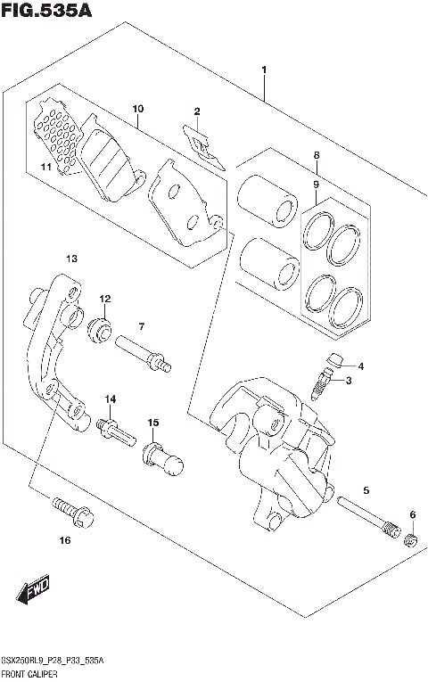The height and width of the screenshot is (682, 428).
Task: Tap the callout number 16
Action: tap(64, 540)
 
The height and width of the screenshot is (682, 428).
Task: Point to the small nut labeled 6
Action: tap(410, 541)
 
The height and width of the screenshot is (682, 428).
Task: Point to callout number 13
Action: tap(71, 259)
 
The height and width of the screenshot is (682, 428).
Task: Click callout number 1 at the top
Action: tap(264, 70)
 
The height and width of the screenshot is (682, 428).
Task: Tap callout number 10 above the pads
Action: tap(137, 110)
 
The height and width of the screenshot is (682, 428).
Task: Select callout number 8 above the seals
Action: tap(316, 156)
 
